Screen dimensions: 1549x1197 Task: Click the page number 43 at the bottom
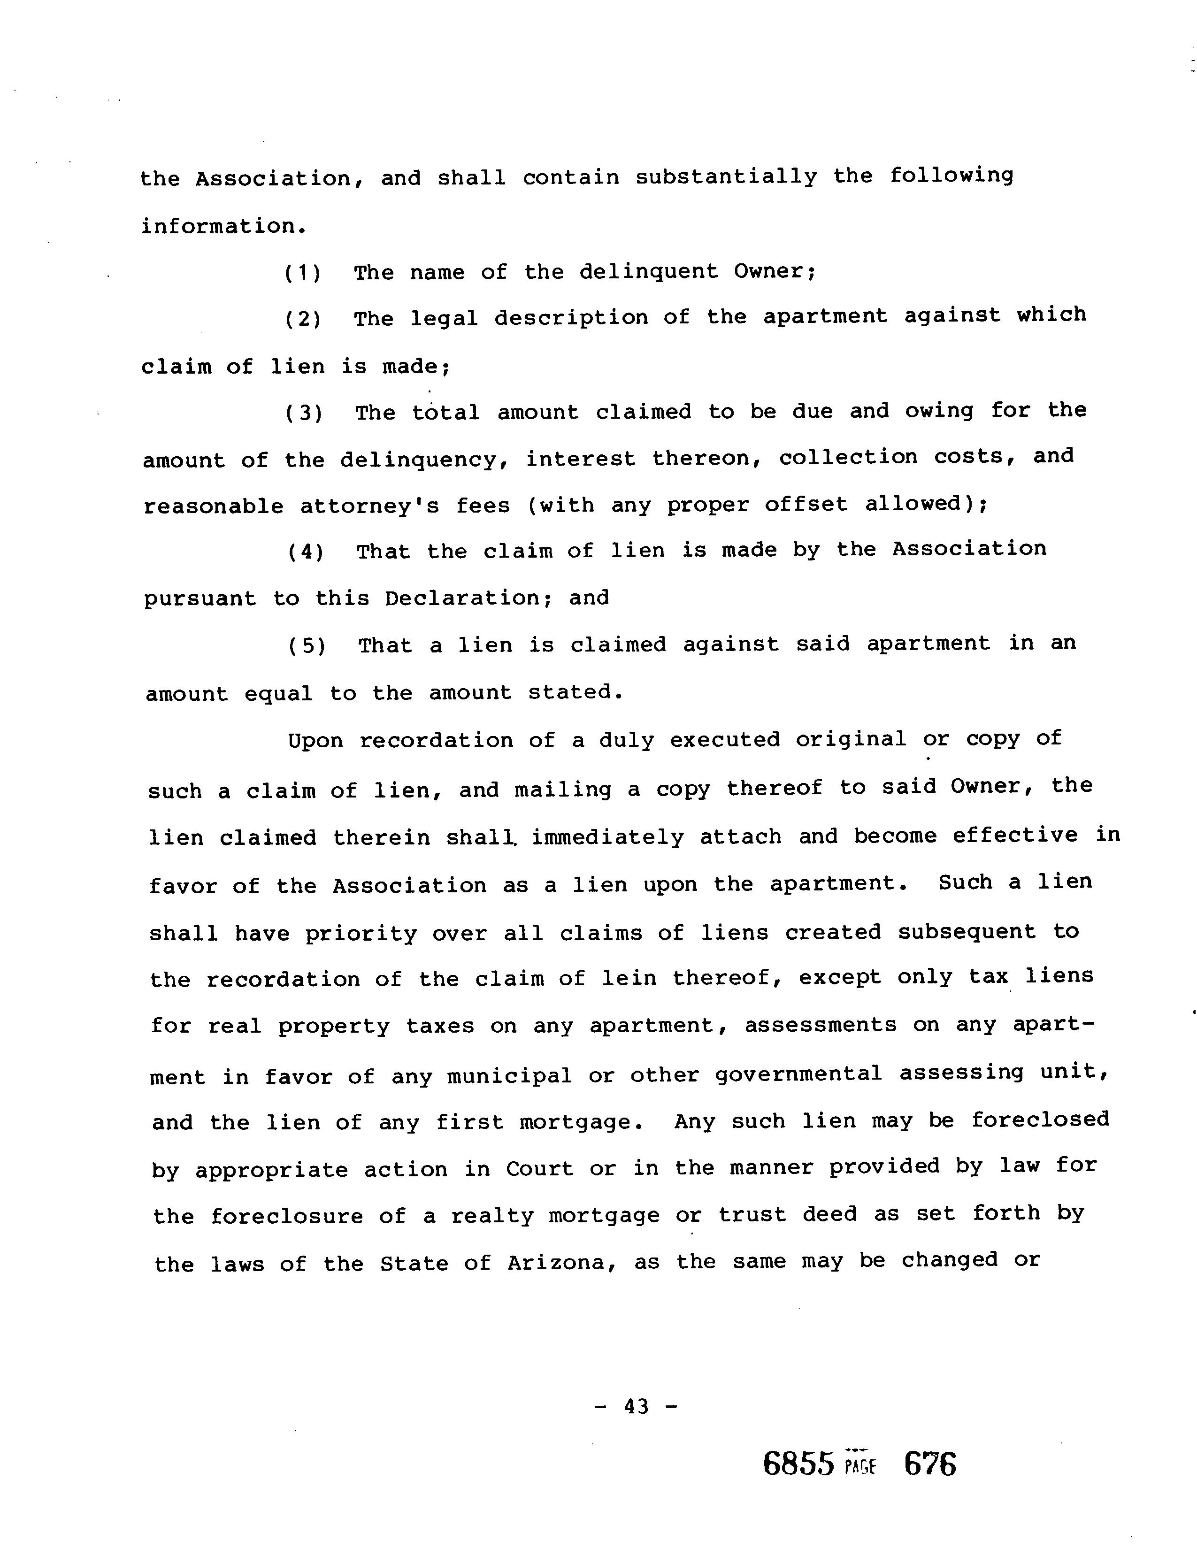[636, 1406]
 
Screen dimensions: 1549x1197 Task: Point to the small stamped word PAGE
[861, 1465]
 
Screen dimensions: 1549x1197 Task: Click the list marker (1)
[303, 273]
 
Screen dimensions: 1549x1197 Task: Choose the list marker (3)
[304, 413]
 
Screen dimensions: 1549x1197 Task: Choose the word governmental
[798, 1074]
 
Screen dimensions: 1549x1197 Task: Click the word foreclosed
[1040, 1120]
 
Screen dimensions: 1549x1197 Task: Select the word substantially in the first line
[726, 176]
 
